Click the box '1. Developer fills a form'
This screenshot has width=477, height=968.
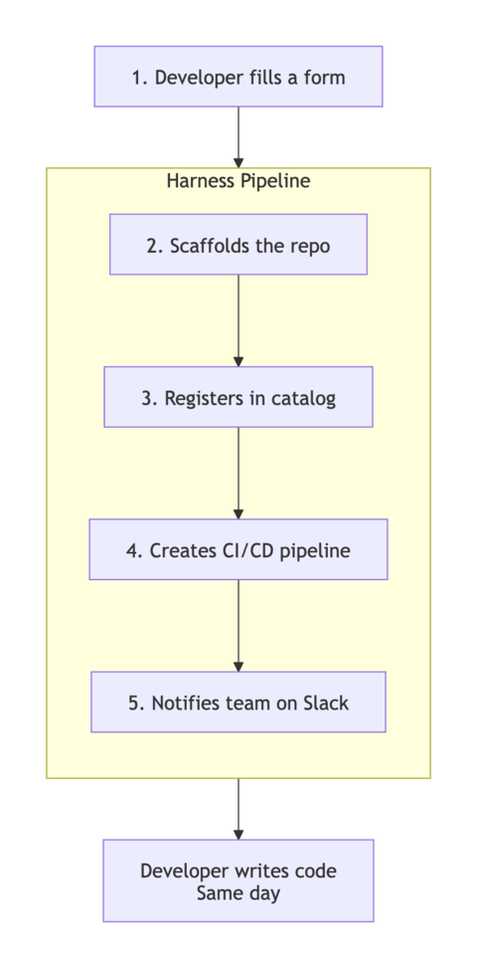[x=238, y=77]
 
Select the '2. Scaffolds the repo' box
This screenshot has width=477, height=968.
[x=238, y=245]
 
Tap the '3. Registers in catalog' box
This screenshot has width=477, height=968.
[x=238, y=397]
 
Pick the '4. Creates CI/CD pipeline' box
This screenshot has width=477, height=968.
[x=238, y=549]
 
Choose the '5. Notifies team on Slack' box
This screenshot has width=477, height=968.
[x=238, y=701]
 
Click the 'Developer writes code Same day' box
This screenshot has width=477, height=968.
[x=238, y=880]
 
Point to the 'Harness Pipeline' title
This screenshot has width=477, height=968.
[x=238, y=181]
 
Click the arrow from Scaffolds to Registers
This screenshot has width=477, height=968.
[x=238, y=320]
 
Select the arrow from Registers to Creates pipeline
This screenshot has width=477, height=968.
[x=238, y=473]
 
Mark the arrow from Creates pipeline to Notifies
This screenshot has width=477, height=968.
[x=238, y=625]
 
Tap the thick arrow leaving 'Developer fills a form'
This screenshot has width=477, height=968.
[x=238, y=136]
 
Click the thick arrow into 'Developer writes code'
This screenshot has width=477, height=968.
[x=238, y=808]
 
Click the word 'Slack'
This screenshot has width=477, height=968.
[x=325, y=702]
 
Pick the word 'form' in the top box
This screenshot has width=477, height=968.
[x=324, y=78]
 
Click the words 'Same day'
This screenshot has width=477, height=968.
[x=238, y=892]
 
